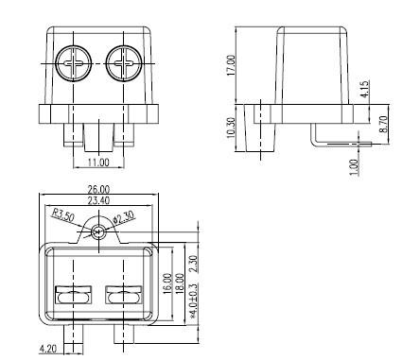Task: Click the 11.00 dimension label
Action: [98, 163]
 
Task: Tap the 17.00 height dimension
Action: [231, 65]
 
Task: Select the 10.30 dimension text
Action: [231, 128]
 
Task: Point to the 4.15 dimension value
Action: [364, 89]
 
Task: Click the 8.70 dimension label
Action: [383, 124]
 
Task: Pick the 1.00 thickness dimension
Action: [355, 167]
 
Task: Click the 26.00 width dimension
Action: [98, 190]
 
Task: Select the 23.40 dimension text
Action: [98, 200]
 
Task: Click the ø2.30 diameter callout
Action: [124, 216]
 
